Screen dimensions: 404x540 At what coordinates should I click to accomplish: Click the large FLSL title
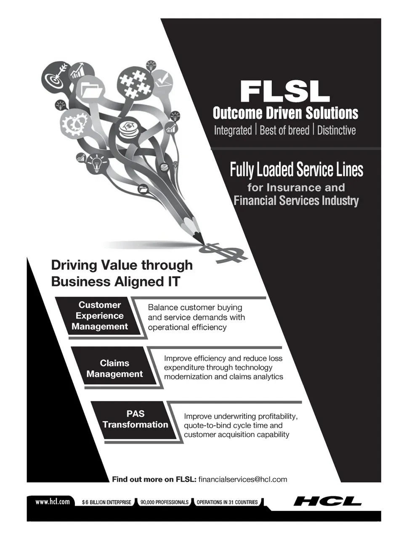click(284, 91)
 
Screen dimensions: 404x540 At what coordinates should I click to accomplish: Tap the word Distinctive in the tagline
click(336, 130)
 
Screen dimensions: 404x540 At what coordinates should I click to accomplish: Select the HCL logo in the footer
click(327, 501)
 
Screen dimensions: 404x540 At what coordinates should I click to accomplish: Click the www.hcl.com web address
click(53, 501)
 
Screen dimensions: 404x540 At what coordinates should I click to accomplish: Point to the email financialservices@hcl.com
click(242, 479)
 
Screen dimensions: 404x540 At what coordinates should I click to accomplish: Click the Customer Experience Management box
click(99, 316)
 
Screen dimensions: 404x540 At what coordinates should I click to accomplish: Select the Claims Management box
click(114, 368)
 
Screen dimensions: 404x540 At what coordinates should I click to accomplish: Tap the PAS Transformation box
click(135, 419)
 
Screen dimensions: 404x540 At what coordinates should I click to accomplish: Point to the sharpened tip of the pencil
click(203, 244)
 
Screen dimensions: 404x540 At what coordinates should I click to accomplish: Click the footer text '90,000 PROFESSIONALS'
click(165, 502)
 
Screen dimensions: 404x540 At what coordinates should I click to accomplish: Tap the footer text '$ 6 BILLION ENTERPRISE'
click(106, 502)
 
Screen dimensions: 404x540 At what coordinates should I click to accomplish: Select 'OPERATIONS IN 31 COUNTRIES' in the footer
click(227, 502)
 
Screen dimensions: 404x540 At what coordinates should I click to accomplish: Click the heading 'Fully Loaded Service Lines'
click(296, 170)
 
